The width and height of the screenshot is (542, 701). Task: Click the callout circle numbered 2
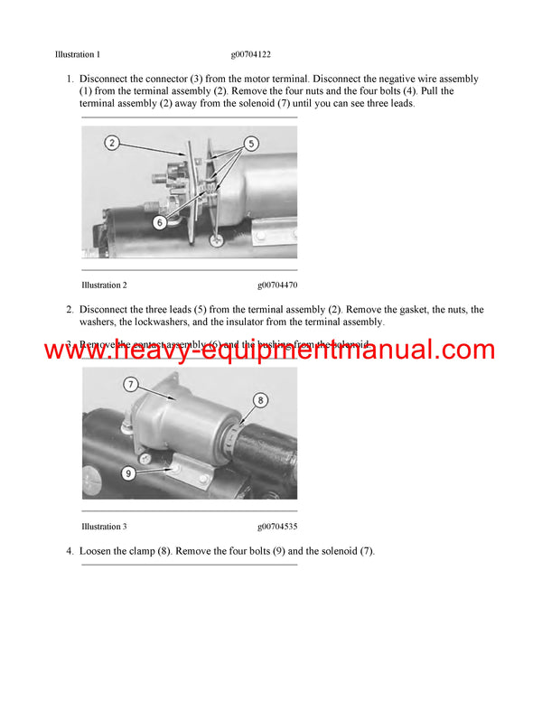111,143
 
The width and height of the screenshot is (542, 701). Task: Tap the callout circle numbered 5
251,142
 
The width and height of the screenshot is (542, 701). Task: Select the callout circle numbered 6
159,220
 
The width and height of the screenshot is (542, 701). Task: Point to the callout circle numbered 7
131,385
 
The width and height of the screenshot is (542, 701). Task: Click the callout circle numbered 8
260,399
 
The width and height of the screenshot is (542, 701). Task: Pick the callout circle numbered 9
127,471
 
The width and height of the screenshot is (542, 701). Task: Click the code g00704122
251,54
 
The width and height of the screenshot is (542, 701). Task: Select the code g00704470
277,285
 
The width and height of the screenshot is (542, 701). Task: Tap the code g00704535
277,527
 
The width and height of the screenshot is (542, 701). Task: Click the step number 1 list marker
70,79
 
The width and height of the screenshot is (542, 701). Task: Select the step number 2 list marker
70,310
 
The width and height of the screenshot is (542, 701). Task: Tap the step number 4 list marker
70,551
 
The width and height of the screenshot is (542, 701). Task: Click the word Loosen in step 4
97,551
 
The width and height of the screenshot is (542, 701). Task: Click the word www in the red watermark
72,350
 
